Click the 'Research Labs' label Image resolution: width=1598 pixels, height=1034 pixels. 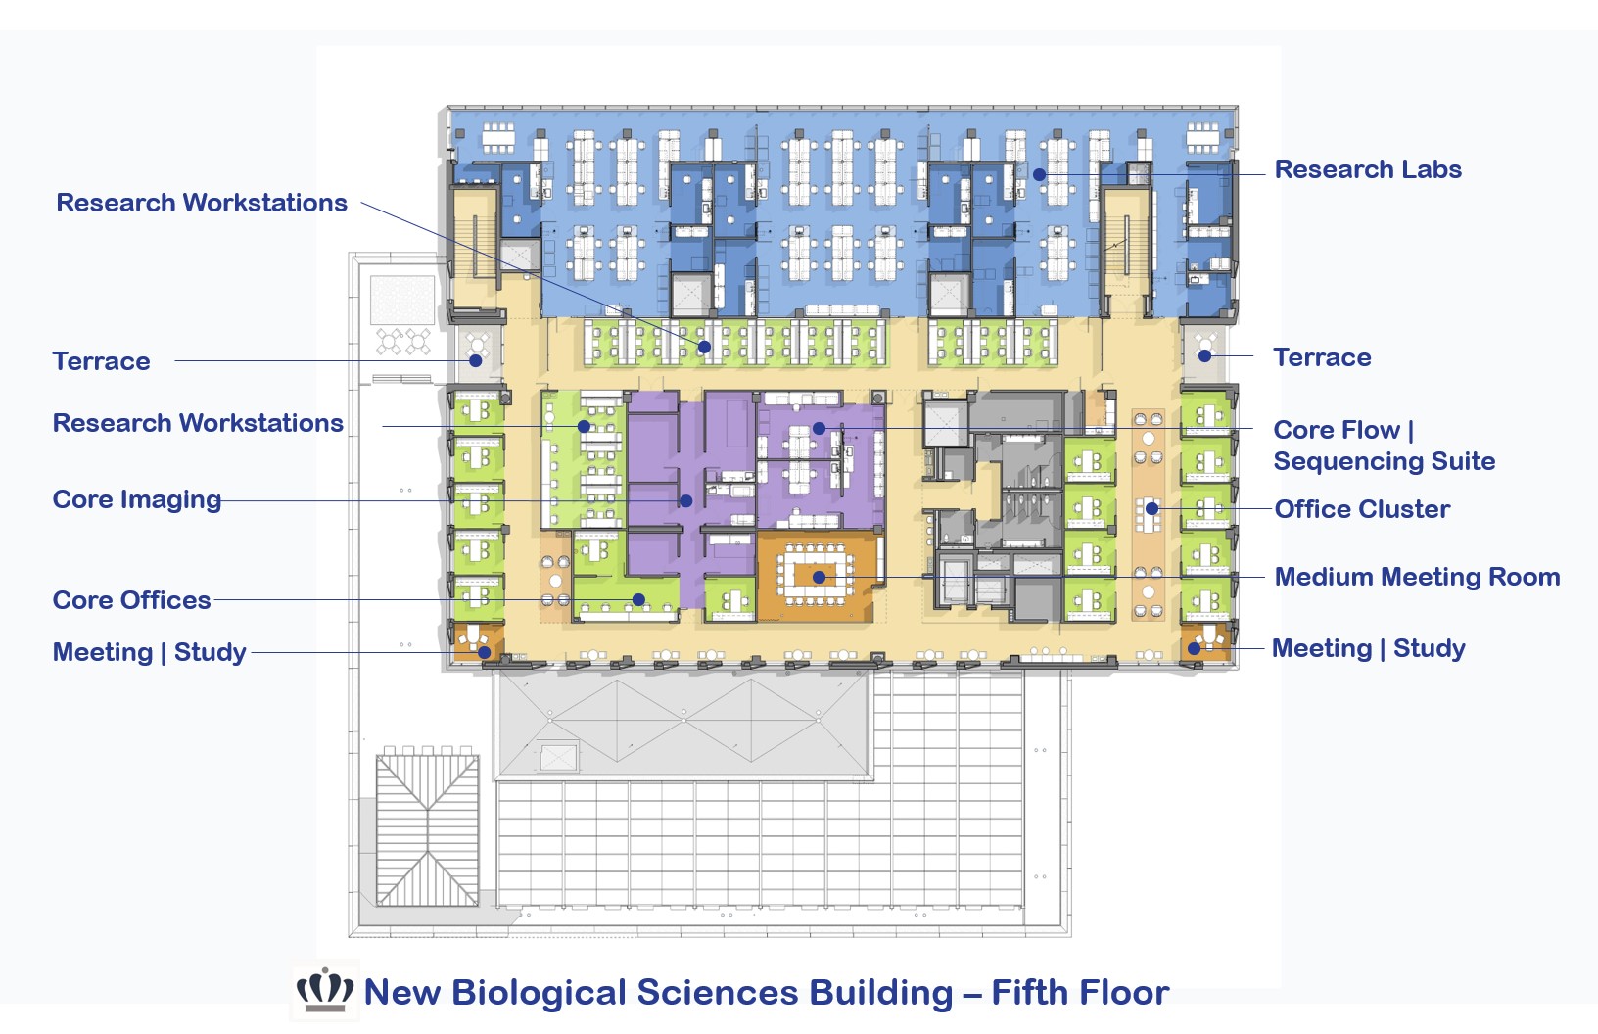coord(1367,169)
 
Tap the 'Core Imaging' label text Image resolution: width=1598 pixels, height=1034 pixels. coord(137,499)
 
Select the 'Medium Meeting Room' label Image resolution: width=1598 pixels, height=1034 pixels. coord(1417,577)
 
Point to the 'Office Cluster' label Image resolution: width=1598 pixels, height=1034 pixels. coord(1362,509)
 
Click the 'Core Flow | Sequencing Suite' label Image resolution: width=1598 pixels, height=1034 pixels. coord(1384,446)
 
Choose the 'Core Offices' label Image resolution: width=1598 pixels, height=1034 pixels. coord(131,600)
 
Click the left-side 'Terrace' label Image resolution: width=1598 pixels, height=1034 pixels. coord(101,361)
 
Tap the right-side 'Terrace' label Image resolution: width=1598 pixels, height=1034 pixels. coord(1322,357)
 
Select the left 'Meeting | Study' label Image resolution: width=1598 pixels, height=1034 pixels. coord(149,652)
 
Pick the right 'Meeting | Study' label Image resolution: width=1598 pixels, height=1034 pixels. coord(1368,648)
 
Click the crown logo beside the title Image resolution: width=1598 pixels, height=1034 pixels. coord(325,991)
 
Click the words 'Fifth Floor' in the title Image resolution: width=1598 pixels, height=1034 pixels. coord(1080,993)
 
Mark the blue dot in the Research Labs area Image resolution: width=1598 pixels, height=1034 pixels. coord(1039,174)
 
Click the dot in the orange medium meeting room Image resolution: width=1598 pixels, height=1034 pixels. coord(819,578)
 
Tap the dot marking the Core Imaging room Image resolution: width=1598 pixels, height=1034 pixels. coord(686,501)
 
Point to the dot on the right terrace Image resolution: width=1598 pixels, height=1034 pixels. coord(1205,356)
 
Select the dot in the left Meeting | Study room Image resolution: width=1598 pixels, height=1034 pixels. coord(484,652)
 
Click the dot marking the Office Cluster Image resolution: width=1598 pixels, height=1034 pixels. coord(1152,509)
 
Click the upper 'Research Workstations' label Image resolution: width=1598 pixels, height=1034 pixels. coord(202,203)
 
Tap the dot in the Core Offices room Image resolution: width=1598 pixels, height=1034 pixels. coord(638,599)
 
